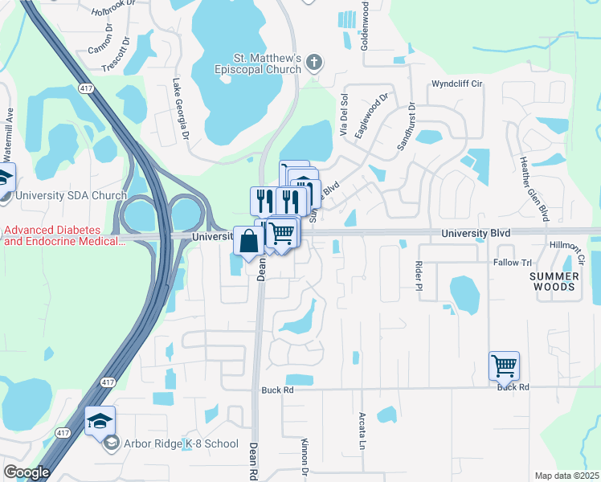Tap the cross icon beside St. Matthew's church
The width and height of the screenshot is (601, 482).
pos(314,62)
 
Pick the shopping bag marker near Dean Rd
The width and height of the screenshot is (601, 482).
pos(248,240)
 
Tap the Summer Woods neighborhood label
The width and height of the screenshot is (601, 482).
pos(554,281)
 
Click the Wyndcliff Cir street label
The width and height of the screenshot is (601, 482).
pos(456,84)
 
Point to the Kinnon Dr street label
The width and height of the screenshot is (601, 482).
pos(305,455)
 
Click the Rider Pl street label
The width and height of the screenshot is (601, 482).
pos(419,276)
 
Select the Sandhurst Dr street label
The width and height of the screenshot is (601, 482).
pos(406,127)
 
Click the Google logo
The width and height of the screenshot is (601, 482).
pos(26,472)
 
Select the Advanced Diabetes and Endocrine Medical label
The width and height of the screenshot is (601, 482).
pos(61,235)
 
